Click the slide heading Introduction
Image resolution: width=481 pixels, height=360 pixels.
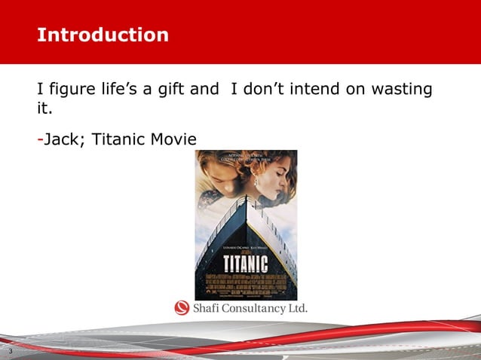103,35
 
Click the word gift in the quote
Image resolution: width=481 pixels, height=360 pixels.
167,90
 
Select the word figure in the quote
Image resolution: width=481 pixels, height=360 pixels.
72,90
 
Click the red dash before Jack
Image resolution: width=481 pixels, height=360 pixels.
40,140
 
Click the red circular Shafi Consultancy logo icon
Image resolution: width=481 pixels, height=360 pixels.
182,308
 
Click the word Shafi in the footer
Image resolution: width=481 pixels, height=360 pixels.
207,309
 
